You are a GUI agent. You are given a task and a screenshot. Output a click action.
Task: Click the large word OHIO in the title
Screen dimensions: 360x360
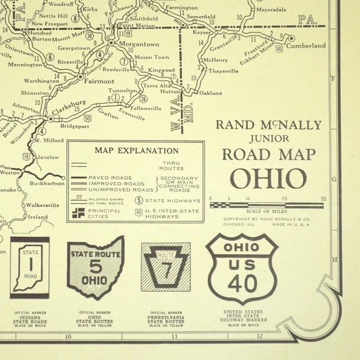(x=268, y=179)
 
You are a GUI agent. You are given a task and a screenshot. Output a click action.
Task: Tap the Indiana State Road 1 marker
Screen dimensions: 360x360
(x=30, y=267)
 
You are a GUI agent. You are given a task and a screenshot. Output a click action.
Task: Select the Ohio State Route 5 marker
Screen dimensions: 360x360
(x=95, y=267)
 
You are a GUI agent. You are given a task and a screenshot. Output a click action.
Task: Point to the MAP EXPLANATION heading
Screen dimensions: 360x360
(x=136, y=151)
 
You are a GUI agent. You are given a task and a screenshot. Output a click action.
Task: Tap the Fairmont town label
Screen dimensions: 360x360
(x=98, y=81)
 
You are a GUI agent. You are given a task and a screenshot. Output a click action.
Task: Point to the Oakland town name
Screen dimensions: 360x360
(x=210, y=93)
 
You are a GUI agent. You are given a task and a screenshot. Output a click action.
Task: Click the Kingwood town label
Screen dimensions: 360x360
(x=161, y=70)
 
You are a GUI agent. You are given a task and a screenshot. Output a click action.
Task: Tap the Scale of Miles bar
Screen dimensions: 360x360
(x=267, y=205)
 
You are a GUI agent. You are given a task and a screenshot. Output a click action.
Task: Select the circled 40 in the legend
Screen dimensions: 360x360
(x=138, y=212)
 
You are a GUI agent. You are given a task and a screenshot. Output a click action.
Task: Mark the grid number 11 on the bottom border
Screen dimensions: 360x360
(x=174, y=336)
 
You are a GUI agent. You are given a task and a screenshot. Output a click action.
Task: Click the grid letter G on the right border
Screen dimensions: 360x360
(x=334, y=179)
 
